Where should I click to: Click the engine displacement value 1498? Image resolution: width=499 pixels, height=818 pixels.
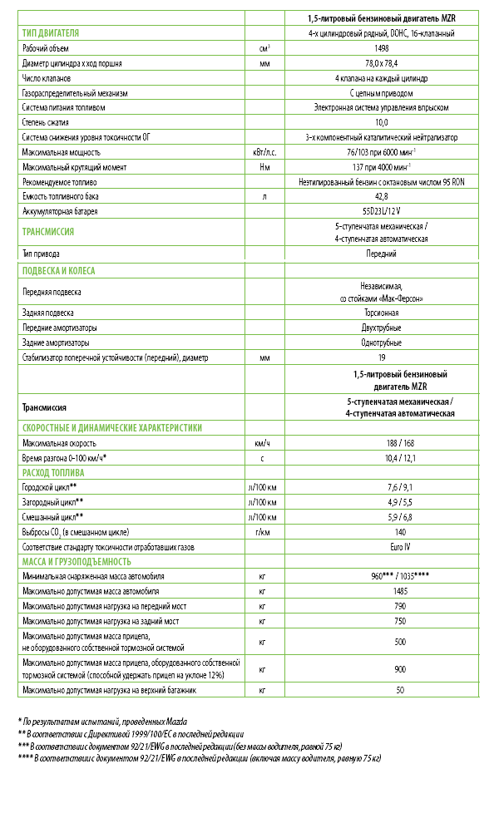click(x=382, y=48)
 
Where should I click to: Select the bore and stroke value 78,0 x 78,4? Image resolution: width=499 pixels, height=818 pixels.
click(x=382, y=63)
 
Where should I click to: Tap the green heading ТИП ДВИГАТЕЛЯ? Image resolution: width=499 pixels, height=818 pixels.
click(x=51, y=33)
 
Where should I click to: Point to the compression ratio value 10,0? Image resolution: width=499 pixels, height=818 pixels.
click(x=382, y=122)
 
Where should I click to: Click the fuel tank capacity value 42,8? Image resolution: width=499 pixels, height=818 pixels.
click(x=382, y=196)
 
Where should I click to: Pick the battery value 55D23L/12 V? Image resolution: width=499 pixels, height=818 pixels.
click(x=382, y=211)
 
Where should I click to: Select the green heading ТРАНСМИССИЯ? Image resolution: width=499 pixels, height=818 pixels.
click(x=48, y=232)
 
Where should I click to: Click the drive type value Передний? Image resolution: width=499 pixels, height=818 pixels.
click(x=382, y=253)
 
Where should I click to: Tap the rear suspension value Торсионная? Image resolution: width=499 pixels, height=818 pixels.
click(x=382, y=313)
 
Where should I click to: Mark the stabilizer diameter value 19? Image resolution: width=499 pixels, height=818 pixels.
click(x=382, y=357)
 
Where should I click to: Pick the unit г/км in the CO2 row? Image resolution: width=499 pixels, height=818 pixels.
click(x=263, y=531)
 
